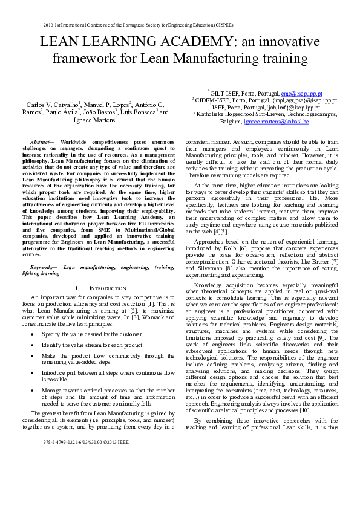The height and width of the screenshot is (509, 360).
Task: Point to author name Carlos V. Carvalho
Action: pos(54,105)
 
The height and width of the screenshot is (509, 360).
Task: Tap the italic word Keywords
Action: pos(44,267)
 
